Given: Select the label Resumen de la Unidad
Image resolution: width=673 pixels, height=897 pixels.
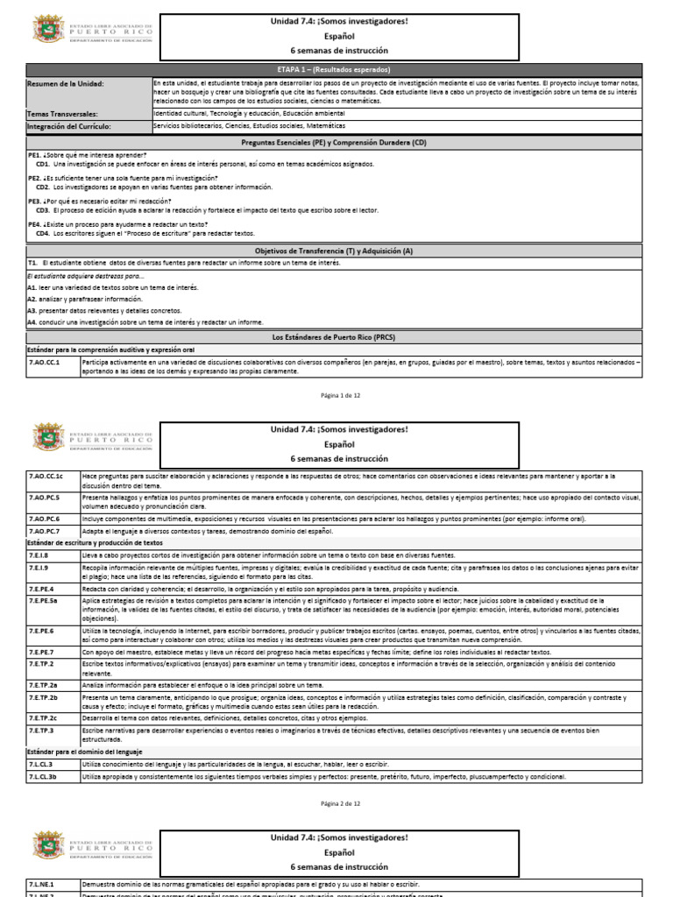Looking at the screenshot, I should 67,83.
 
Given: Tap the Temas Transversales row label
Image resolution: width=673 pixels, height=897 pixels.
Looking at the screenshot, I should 62,114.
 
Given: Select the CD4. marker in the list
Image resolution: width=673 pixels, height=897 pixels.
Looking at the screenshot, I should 42,234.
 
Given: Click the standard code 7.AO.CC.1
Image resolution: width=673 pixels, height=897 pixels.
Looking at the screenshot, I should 45,361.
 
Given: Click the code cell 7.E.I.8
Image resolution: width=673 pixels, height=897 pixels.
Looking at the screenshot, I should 39,555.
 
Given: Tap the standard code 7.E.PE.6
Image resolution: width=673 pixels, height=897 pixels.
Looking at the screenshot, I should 42,631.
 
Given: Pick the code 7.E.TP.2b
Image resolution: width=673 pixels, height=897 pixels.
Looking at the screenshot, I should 44,697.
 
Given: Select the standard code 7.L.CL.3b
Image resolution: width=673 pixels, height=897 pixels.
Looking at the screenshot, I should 43,776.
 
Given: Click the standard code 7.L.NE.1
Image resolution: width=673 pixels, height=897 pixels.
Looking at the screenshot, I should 42,885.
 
